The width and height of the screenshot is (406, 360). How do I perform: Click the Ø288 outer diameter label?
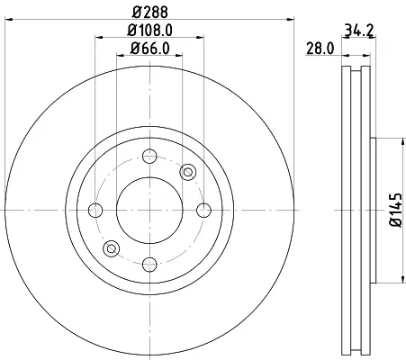click(150, 12)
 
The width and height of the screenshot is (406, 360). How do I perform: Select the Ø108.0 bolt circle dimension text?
click(149, 30)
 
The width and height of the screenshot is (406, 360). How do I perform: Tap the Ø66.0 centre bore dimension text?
click(149, 49)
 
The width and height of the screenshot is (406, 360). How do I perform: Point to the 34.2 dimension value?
click(358, 30)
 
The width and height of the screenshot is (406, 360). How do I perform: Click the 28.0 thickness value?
click(320, 49)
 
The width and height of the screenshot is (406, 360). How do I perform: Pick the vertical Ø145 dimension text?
click(395, 210)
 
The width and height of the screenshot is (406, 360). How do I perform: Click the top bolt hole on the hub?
click(149, 156)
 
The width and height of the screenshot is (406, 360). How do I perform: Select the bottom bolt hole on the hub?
click(149, 265)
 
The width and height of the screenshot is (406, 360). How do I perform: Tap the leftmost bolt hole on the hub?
click(95, 210)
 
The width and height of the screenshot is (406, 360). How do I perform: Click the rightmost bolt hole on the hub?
click(203, 210)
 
